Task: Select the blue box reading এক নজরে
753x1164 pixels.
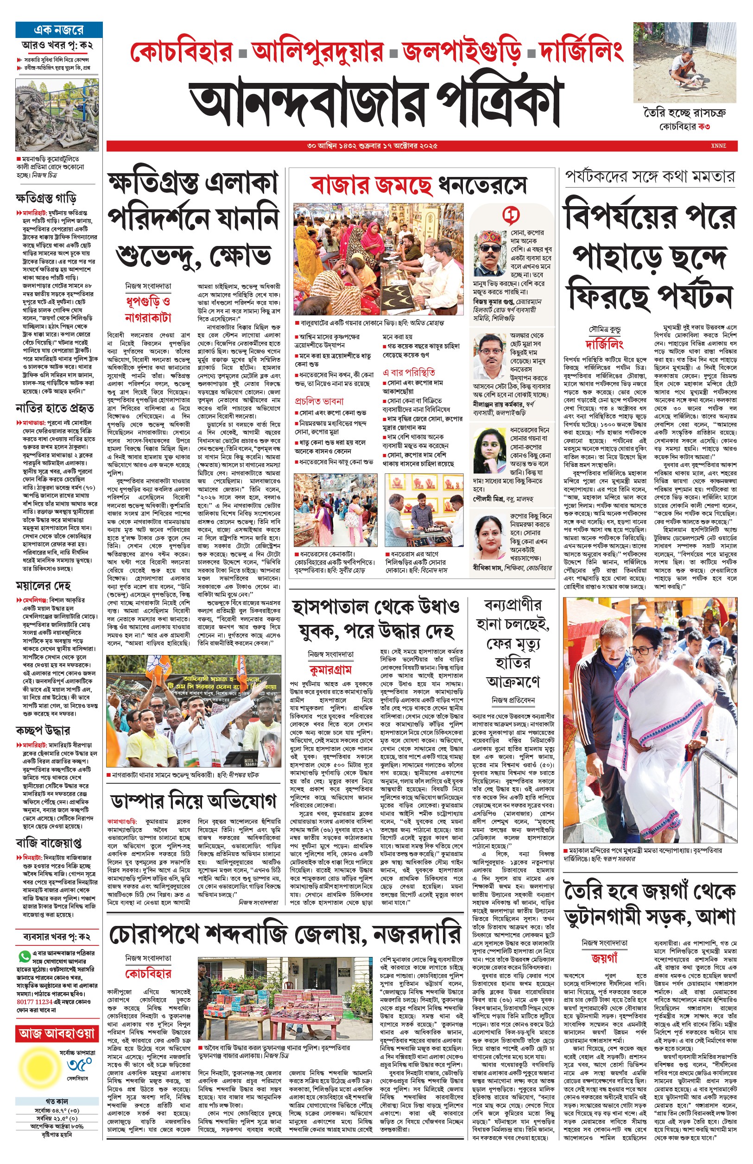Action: pos(59,30)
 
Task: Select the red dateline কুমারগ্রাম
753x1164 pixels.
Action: pos(330,669)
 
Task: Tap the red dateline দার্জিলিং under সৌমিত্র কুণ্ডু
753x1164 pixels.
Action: pos(604,345)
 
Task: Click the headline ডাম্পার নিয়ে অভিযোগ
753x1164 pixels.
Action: pos(193,801)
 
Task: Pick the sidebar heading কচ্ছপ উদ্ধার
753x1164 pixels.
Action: pos(43,730)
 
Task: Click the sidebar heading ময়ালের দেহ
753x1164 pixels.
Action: pos(43,585)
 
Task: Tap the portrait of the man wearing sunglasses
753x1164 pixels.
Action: pos(490,254)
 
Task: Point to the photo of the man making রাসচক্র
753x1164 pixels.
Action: pos(684,62)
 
